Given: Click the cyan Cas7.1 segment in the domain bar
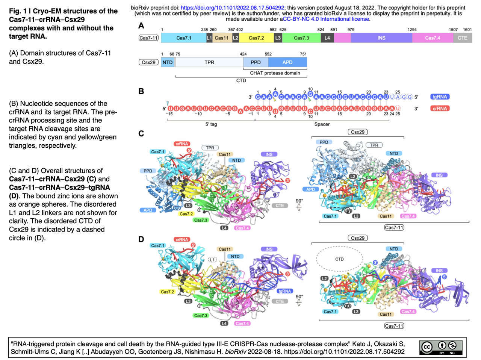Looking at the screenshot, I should (184, 38).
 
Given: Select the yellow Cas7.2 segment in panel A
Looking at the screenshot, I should (256, 38).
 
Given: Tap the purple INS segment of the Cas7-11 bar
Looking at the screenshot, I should (381, 38).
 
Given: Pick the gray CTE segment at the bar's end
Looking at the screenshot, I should (462, 38).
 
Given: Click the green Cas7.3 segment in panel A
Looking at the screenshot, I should (301, 38).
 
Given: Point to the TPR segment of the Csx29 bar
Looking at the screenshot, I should (209, 62).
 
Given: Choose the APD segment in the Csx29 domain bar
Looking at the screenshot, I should (287, 62).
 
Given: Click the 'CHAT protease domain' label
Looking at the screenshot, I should (275, 73).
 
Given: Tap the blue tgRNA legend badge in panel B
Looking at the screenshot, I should (440, 97).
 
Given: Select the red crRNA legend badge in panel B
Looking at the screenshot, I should (440, 109).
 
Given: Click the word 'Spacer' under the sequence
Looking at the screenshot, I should (322, 124).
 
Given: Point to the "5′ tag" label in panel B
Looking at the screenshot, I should (211, 124).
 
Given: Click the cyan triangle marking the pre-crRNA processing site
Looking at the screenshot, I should (168, 103).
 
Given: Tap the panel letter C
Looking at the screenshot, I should (141, 134).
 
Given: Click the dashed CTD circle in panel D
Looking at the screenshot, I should (339, 259).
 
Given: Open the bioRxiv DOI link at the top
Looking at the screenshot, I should (233, 8).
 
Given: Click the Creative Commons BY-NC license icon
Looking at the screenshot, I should (442, 347).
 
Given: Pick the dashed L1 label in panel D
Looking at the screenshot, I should (212, 260).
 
